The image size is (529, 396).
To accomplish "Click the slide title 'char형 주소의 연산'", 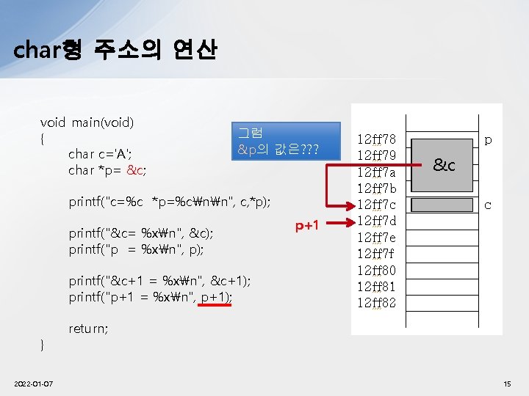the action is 115,50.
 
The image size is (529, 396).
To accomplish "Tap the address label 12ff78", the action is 376,139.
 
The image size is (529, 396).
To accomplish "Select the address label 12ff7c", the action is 376,204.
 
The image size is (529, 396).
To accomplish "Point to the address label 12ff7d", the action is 376,221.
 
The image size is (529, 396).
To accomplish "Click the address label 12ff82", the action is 376,303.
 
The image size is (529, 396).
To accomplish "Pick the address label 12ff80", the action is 376,270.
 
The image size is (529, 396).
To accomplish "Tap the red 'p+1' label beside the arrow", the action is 307,225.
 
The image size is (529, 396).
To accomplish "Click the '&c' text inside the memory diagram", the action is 443,165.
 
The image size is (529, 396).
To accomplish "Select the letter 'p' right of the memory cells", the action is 487,139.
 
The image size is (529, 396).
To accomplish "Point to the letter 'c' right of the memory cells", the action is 487,205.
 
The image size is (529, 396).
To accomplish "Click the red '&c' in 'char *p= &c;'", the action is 136,170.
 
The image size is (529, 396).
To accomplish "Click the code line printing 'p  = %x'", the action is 136,249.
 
